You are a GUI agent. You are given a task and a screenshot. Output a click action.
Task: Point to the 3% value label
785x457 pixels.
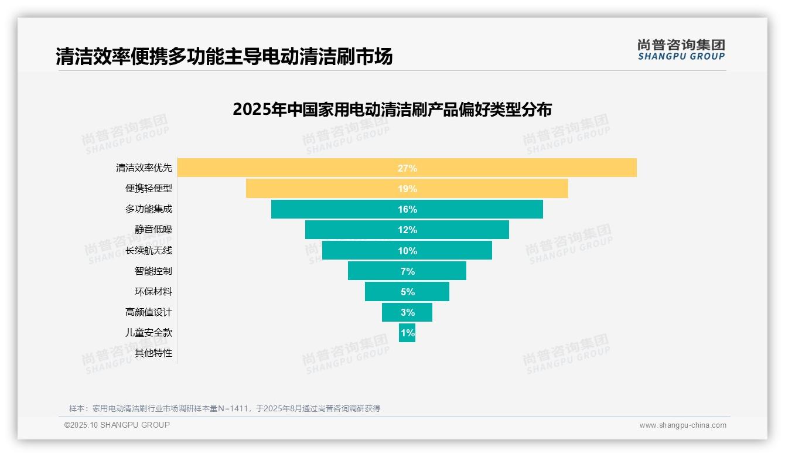pyautogui.click(x=407, y=312)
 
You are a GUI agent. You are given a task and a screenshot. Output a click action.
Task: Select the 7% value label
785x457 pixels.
pyautogui.click(x=407, y=271)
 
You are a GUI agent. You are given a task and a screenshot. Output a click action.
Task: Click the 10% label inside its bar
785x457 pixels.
pyautogui.click(x=407, y=251)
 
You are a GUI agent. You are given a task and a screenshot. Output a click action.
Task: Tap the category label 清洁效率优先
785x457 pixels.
pyautogui.click(x=144, y=168)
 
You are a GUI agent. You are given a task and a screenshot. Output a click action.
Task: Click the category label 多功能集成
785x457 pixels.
pyautogui.click(x=149, y=209)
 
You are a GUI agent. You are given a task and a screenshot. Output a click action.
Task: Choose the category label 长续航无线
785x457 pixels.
pyautogui.click(x=149, y=251)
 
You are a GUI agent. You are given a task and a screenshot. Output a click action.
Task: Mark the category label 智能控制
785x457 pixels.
pyautogui.click(x=153, y=271)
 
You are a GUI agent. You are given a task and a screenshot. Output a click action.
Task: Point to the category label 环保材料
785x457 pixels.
pyautogui.click(x=153, y=292)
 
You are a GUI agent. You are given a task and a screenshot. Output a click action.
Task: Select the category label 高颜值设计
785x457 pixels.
pyautogui.click(x=149, y=312)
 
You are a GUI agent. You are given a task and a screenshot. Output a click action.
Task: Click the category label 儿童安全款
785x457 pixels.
pyautogui.click(x=149, y=333)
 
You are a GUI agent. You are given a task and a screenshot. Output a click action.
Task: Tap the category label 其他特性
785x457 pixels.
pyautogui.click(x=153, y=353)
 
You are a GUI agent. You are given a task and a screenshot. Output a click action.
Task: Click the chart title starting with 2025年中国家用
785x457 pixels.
pyautogui.click(x=392, y=110)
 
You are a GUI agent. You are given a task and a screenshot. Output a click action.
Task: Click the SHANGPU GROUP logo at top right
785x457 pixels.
pyautogui.click(x=681, y=50)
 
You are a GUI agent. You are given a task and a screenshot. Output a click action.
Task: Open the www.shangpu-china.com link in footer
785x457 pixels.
pyautogui.click(x=682, y=425)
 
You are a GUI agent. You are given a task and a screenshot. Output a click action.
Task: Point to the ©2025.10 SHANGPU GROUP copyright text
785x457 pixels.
pyautogui.click(x=117, y=425)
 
